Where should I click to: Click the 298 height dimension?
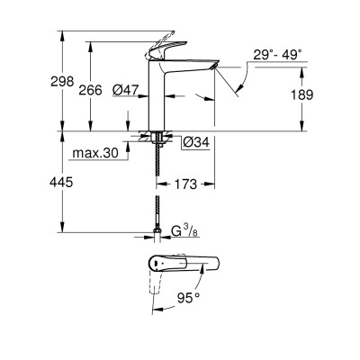(62, 81)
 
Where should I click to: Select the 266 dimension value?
(90, 90)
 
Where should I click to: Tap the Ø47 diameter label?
(126, 89)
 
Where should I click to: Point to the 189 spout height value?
(302, 94)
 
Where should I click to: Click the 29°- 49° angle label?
(277, 55)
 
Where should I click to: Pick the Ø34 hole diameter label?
(196, 141)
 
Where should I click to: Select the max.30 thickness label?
(95, 153)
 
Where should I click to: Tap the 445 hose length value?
(61, 182)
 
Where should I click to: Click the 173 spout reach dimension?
(185, 184)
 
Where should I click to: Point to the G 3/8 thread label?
(184, 231)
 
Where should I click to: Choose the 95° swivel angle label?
(188, 298)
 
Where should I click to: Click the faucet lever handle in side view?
(166, 49)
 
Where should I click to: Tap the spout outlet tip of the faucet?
(214, 66)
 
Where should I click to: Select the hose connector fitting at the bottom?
(157, 231)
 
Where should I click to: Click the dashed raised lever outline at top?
(161, 40)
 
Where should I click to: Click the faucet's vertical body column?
(157, 95)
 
